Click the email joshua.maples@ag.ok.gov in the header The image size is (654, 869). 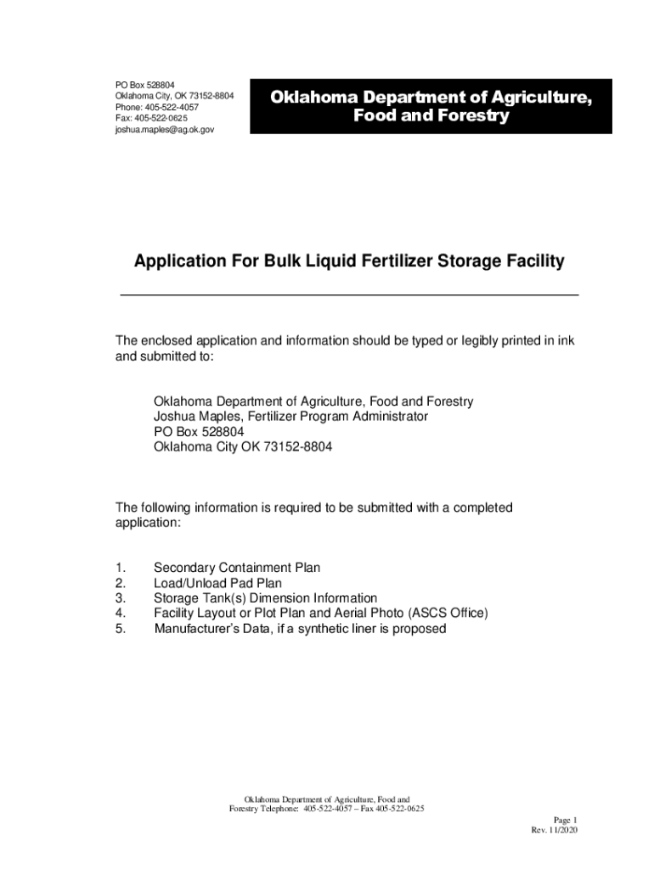pyautogui.click(x=164, y=131)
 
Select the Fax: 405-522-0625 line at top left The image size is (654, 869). pyautogui.click(x=151, y=119)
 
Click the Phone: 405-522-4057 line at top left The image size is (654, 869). pyautogui.click(x=157, y=108)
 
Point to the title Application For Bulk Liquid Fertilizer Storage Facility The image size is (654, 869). pyautogui.click(x=348, y=262)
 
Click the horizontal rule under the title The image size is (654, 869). pyautogui.click(x=348, y=294)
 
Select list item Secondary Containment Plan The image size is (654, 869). pyautogui.click(x=237, y=568)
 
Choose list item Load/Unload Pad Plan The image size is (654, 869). pyautogui.click(x=217, y=583)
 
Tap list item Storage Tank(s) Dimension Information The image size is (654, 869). pyautogui.click(x=265, y=598)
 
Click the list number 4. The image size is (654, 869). pyautogui.click(x=121, y=614)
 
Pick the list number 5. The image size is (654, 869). pyautogui.click(x=121, y=629)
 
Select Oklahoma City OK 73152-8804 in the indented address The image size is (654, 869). pyautogui.click(x=243, y=447)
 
